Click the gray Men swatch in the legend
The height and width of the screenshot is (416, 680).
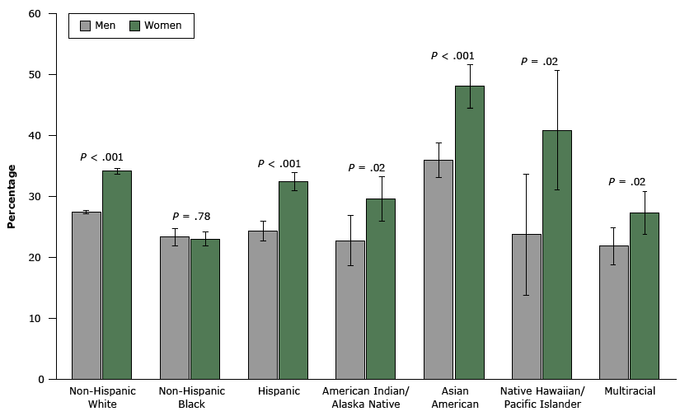coord(85,26)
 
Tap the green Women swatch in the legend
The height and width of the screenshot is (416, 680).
coord(134,26)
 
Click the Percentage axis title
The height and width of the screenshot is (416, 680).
coord(12,196)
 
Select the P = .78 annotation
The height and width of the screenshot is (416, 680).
coord(191,217)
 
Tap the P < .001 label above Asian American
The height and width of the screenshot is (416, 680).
coord(453,56)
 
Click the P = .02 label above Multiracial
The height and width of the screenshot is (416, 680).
coord(626,182)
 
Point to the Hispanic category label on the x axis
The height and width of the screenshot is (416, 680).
coord(279,391)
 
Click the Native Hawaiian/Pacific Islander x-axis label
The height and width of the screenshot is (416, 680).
coord(542,397)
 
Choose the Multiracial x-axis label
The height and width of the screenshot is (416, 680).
coord(630,391)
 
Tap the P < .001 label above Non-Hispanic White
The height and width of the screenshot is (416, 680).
coord(102,157)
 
